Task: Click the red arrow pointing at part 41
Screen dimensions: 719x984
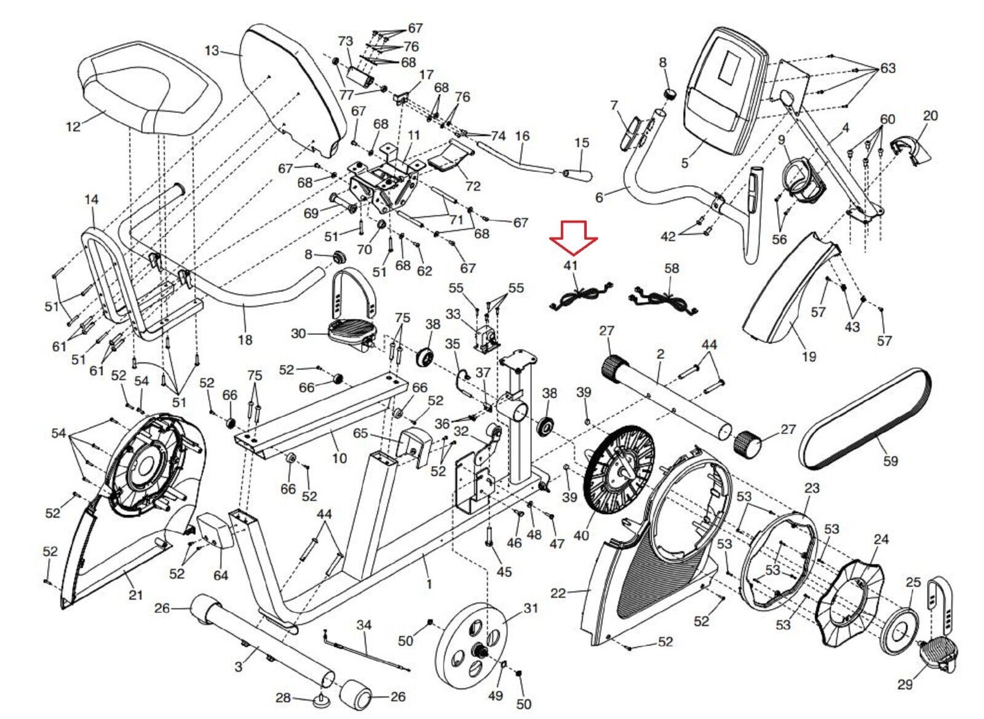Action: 573,237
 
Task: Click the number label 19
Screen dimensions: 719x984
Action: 809,356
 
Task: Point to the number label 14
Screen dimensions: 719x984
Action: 92,200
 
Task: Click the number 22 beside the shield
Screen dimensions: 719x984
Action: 558,593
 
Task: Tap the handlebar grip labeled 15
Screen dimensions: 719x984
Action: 577,174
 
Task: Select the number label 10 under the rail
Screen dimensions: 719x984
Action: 339,458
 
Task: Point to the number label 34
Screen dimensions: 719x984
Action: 364,626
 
